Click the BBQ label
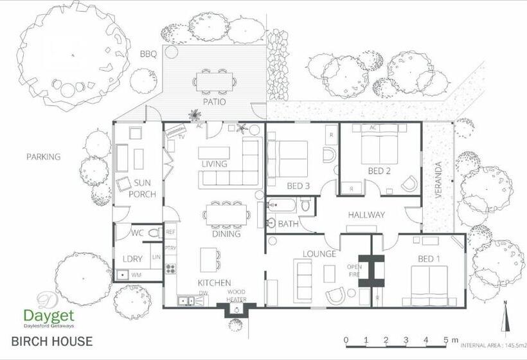click(x=148, y=55)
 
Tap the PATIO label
click(x=214, y=101)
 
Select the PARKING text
click(x=44, y=157)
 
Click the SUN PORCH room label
click(x=143, y=188)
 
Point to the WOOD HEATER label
click(x=237, y=296)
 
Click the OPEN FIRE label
click(x=355, y=271)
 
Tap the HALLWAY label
click(x=366, y=215)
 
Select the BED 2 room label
click(x=380, y=170)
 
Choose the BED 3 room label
click(x=299, y=186)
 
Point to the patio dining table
click(x=214, y=81)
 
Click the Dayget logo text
click(x=49, y=316)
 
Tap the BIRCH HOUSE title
click(x=51, y=341)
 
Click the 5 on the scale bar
click(x=445, y=340)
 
